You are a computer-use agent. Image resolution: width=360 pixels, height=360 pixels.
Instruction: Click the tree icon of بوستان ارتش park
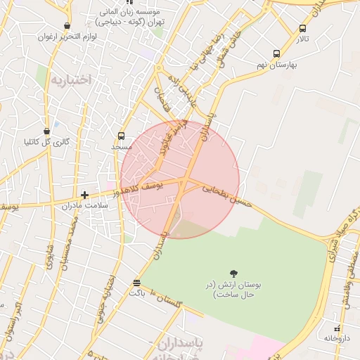tap(233, 274)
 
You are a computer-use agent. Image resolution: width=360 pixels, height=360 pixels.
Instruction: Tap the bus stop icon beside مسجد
tap(121, 136)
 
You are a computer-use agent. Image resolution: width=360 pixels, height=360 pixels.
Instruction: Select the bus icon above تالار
tap(302, 29)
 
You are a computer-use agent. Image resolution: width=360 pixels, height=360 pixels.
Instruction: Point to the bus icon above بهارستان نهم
tap(276, 53)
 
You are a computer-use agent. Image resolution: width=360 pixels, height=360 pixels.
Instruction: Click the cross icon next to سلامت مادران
tap(84, 195)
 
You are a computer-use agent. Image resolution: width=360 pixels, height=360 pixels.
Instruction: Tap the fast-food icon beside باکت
tap(136, 283)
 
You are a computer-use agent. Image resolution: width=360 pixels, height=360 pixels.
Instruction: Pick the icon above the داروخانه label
tap(337, 328)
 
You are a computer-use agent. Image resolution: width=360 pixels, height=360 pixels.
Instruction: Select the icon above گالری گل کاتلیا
tap(47, 131)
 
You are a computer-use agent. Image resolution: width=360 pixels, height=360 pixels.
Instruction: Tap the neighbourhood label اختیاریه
tap(70, 79)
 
